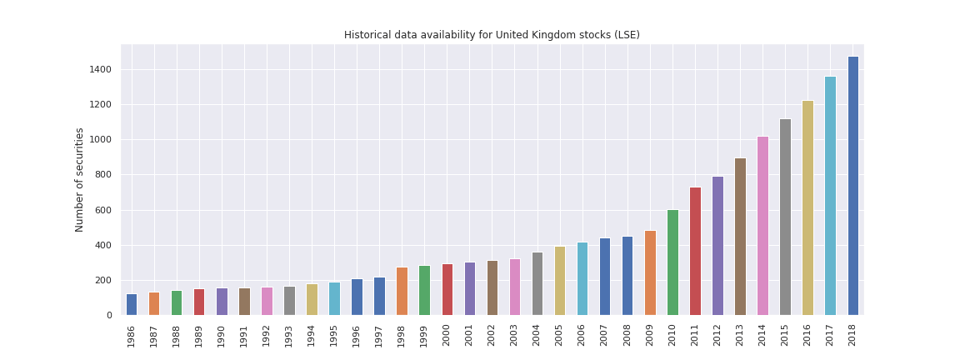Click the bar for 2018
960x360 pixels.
click(852, 186)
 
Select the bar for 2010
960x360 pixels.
click(672, 262)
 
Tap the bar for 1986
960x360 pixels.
click(132, 304)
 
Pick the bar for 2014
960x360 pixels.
click(762, 226)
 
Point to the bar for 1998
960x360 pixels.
click(402, 291)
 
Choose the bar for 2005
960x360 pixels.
click(560, 281)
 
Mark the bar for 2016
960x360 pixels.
click(807, 207)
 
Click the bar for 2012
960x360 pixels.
click(717, 246)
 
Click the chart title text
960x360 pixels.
click(492, 35)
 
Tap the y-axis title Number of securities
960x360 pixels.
click(80, 179)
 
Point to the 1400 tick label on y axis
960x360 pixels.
click(100, 69)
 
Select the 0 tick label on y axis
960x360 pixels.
click(109, 315)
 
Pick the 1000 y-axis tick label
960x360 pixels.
click(100, 140)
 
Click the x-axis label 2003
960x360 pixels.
click(515, 335)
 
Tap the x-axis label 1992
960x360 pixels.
click(267, 335)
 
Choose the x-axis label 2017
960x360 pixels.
click(830, 335)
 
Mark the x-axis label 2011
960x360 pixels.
click(695, 335)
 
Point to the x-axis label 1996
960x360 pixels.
click(357, 335)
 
